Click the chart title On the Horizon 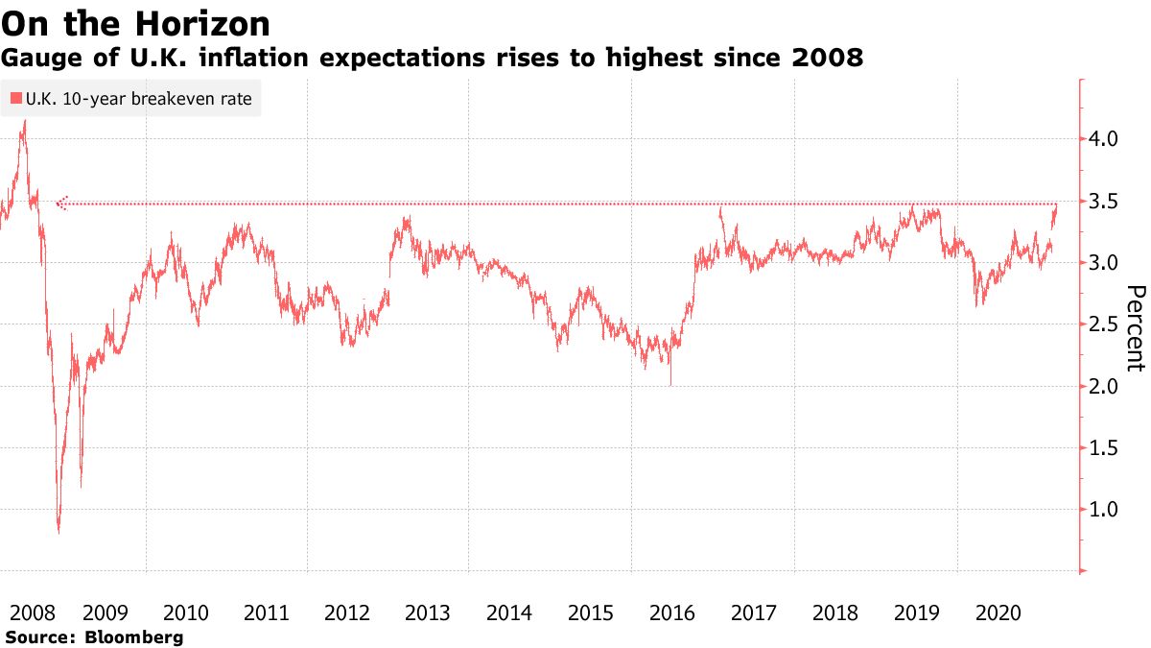coord(135,22)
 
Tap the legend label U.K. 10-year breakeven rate coord(139,99)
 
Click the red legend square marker coord(16,99)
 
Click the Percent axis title coord(1136,327)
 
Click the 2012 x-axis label coord(347,612)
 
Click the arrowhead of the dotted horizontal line coord(60,204)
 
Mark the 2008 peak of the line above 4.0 coord(23,122)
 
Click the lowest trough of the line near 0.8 coord(59,531)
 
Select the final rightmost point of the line coord(1057,204)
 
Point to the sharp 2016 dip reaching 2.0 coord(670,384)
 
